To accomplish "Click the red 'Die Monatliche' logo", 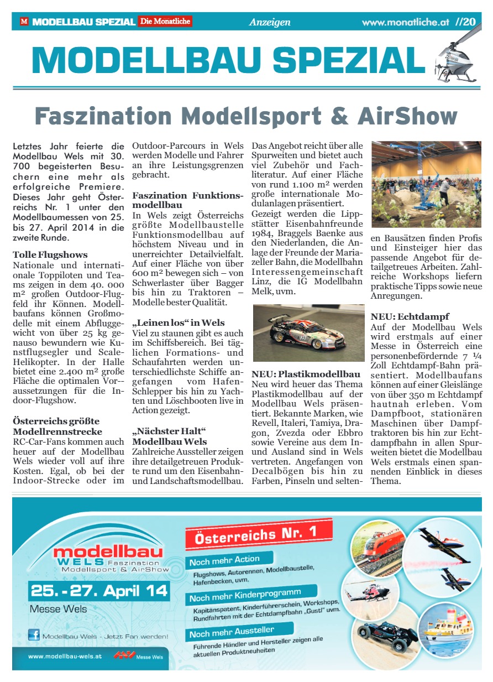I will coord(165,22).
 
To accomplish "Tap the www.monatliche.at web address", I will coord(406,23).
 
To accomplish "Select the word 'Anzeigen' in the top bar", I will coord(269,23).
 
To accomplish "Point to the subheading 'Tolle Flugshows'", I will coord(50,254).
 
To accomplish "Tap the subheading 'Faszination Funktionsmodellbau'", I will coord(187,200).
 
